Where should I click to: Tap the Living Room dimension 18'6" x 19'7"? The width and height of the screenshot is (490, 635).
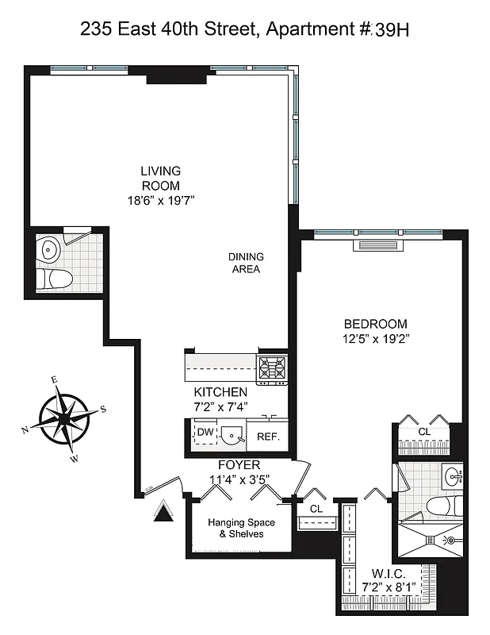point(160,202)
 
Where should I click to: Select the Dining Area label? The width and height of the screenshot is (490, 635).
point(246,263)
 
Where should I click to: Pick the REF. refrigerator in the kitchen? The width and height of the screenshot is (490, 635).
point(267,437)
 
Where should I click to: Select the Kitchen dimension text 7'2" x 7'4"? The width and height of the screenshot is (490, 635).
point(220,407)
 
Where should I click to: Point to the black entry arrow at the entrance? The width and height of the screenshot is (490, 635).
point(163,512)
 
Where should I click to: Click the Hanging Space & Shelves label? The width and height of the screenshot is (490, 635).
point(241,529)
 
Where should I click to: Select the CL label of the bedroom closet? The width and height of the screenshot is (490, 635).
point(423,432)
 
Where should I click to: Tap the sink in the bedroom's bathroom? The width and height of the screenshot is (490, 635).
point(454,476)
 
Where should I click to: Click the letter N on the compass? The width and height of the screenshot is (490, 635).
point(25,429)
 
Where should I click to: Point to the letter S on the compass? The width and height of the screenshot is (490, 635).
point(103,410)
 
